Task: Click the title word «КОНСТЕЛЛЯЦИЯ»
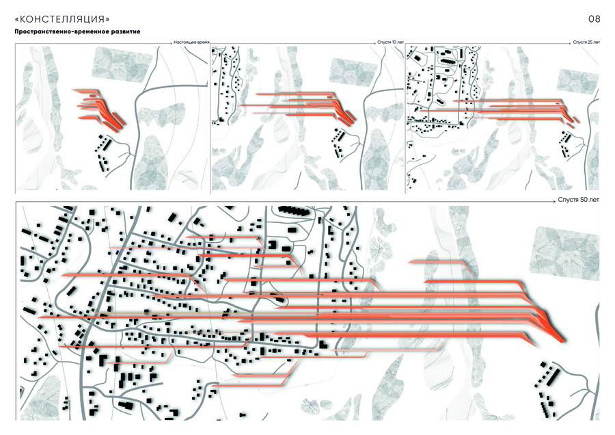click(x=62, y=19)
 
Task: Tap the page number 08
click(x=594, y=19)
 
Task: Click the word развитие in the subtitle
click(x=128, y=31)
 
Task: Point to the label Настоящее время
click(x=191, y=42)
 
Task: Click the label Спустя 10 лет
click(x=390, y=42)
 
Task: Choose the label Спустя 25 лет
click(x=586, y=42)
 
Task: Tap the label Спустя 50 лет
click(x=579, y=200)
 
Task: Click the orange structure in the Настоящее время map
click(x=100, y=108)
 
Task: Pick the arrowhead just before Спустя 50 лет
click(x=553, y=201)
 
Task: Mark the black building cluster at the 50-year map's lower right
click(x=548, y=388)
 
